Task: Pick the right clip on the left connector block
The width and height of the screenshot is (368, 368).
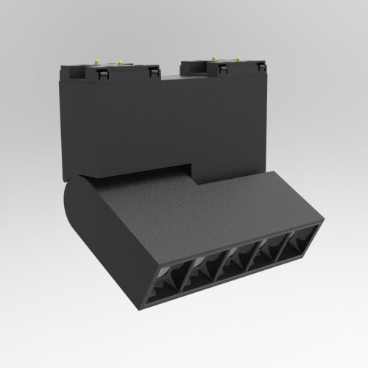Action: pyautogui.click(x=154, y=71)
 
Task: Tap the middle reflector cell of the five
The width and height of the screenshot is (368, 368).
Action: pyautogui.click(x=238, y=261)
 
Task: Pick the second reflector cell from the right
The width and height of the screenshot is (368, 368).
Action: pyautogui.click(x=269, y=249)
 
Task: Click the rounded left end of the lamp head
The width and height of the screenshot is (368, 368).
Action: pyautogui.click(x=74, y=213)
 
